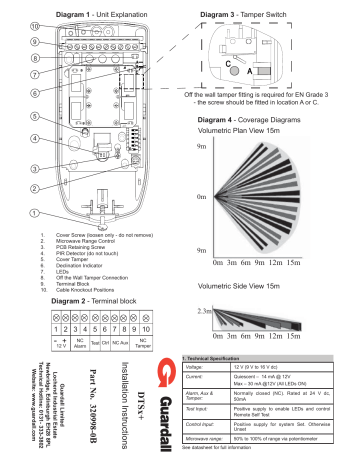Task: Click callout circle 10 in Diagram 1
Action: [36, 25]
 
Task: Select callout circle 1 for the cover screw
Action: [35, 213]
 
